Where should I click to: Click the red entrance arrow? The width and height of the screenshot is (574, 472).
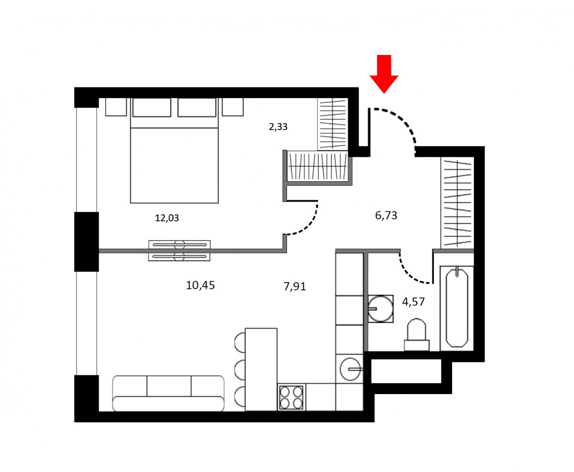[x=384, y=74]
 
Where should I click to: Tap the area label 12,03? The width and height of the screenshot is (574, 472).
[x=167, y=218]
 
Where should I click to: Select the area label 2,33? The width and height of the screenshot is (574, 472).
[x=278, y=127]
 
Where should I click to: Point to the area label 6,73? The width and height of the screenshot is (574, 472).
[x=386, y=216]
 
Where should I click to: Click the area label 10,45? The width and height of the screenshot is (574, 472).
[x=200, y=285]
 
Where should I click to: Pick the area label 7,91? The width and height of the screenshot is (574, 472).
[x=295, y=286]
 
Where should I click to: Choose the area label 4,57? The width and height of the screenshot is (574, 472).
[x=413, y=302]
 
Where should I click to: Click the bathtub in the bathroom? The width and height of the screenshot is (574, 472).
[x=457, y=308]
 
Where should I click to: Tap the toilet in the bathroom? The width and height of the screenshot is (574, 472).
[x=417, y=335]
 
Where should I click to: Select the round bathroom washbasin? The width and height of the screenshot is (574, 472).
[x=380, y=309]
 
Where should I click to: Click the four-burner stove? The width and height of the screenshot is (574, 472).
[x=291, y=397]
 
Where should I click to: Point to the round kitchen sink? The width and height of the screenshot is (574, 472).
[x=350, y=369]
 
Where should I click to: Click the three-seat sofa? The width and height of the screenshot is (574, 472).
[x=168, y=394]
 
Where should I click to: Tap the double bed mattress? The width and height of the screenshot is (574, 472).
[x=174, y=165]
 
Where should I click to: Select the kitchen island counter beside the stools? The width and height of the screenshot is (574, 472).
[x=261, y=369]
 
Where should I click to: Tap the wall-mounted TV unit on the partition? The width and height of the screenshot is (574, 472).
[x=179, y=251]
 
